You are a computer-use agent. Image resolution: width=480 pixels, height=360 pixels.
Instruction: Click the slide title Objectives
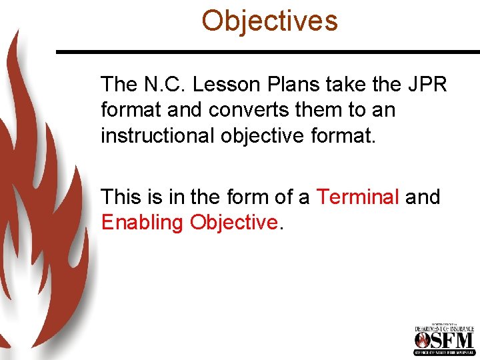(x=270, y=21)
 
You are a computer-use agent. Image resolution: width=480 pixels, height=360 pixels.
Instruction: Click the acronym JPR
(x=424, y=85)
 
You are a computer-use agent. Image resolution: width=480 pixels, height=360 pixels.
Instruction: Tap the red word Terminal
(x=357, y=197)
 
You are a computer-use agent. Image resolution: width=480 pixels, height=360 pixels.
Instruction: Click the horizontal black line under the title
(x=267, y=51)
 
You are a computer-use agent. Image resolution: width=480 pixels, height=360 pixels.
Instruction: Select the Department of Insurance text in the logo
(x=444, y=328)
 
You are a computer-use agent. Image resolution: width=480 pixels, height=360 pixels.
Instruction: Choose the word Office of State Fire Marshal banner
(x=444, y=353)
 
